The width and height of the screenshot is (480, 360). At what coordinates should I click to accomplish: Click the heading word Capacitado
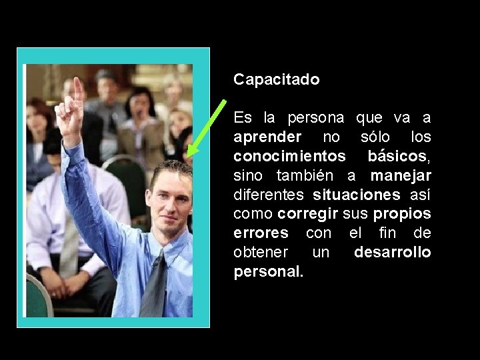[x=276, y=80]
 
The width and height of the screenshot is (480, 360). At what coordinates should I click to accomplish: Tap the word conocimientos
[x=289, y=157]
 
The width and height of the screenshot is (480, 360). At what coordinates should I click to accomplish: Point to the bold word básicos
[x=399, y=157]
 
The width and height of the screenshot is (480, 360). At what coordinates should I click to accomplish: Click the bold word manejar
[x=401, y=176]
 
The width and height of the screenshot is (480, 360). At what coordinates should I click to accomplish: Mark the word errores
[x=261, y=234]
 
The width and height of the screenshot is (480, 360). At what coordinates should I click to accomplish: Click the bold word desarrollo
[x=392, y=253]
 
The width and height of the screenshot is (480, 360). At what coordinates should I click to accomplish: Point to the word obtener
[x=261, y=253]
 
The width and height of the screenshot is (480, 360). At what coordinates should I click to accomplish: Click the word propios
[x=402, y=215]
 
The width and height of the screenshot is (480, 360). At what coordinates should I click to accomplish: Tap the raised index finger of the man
[x=78, y=90]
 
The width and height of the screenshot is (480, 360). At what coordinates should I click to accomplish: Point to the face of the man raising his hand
[x=170, y=200]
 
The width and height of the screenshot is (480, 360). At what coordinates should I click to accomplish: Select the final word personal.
[x=268, y=273]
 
